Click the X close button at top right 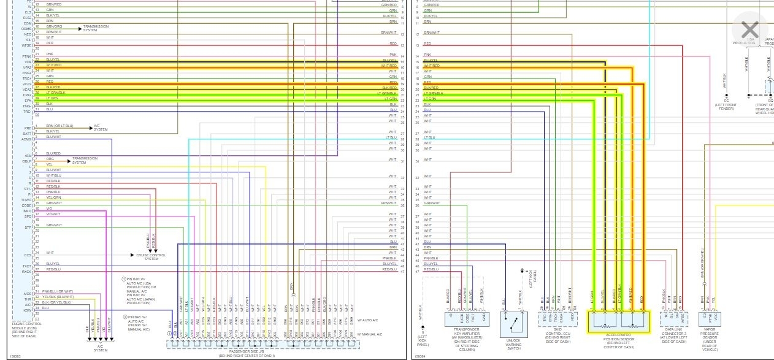point(749,29)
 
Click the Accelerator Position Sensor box point(618,321)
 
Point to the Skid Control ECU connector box point(557,318)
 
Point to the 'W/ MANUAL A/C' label point(370,334)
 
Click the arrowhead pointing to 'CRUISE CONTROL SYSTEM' point(132,255)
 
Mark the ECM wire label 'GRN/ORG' point(54,26)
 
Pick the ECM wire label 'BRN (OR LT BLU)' point(59,126)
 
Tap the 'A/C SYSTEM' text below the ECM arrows point(101,348)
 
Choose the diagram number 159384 point(421,356)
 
